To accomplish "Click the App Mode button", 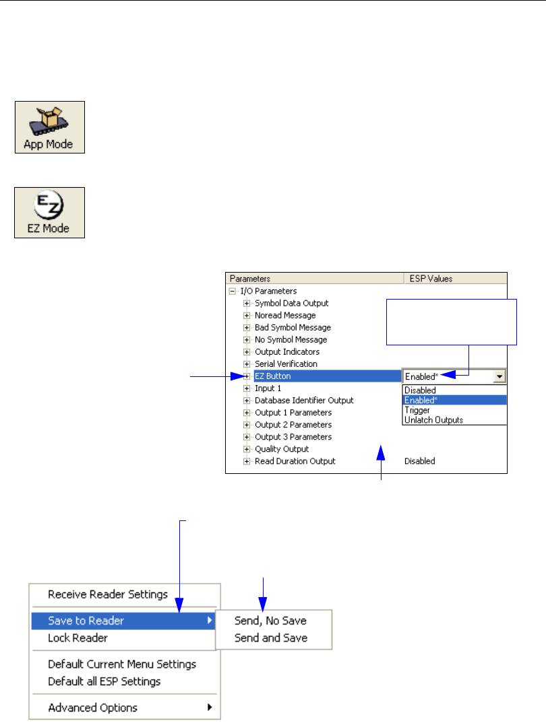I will [50, 127].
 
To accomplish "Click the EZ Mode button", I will [50, 213].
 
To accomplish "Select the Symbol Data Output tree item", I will [291, 303].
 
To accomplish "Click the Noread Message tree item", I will [284, 315].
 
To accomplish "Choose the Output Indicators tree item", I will [286, 351].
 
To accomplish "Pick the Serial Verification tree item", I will [286, 364].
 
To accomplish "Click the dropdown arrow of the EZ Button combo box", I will [499, 377].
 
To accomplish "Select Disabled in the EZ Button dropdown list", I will [420, 390].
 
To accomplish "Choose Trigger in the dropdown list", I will [417, 410].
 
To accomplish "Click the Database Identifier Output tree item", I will [303, 400].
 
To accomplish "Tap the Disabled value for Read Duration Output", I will [419, 461].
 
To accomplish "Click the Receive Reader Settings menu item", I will [108, 594].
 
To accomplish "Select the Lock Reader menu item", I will [78, 637].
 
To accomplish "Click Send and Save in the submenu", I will [270, 637].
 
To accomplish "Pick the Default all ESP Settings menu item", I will [104, 681].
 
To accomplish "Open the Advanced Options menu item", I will [92, 707].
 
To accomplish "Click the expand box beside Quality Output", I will [247, 449].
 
